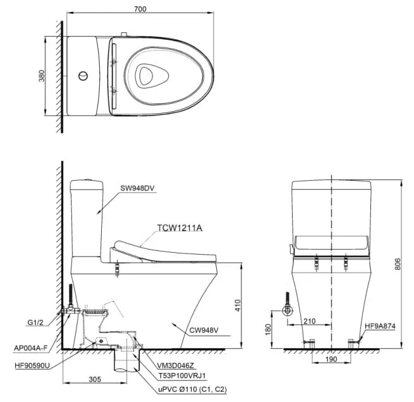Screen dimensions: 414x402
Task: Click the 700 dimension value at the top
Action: coord(140,9)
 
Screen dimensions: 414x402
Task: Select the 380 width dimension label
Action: coord(42,76)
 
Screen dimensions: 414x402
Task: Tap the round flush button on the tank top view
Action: coord(83,76)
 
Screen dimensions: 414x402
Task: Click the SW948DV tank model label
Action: coord(137,188)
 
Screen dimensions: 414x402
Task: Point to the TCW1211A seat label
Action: coord(180,228)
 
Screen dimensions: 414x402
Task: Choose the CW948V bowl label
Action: coord(204,330)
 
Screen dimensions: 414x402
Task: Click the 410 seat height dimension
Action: coord(238,305)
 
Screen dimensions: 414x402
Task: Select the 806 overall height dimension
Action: coord(398,264)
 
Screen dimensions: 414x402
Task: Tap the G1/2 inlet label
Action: coord(35,322)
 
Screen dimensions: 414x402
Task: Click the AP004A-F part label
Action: coord(31,348)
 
